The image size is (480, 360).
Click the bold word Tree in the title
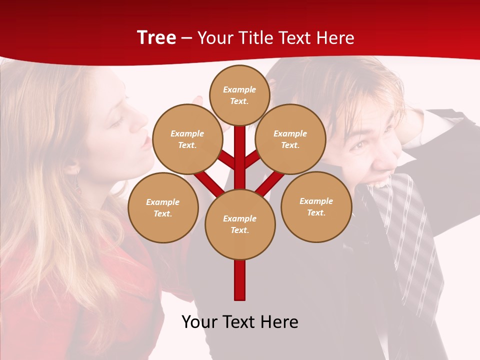156,38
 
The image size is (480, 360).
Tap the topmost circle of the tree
239,95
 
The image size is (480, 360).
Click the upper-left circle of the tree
187,139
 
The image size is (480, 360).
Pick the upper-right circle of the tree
290,139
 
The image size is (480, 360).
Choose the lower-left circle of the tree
163,207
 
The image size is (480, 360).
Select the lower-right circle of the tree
316,206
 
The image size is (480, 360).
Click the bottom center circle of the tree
240,224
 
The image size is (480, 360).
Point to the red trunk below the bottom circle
240,280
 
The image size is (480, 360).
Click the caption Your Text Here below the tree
240,321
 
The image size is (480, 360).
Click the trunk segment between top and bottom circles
240,160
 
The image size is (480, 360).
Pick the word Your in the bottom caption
200,321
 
